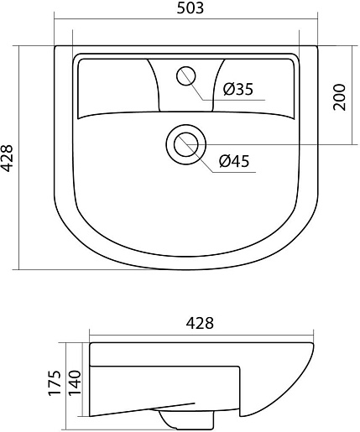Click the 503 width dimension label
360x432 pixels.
[190, 8]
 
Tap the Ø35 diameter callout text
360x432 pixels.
[238, 89]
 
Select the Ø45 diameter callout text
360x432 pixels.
[234, 161]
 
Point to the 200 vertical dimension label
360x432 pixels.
[340, 96]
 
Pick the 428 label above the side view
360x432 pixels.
[200, 323]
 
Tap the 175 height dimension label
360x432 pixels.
[55, 383]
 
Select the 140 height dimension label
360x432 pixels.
[75, 383]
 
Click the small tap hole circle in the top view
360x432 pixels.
[186, 75]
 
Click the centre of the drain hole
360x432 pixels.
[186, 145]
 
